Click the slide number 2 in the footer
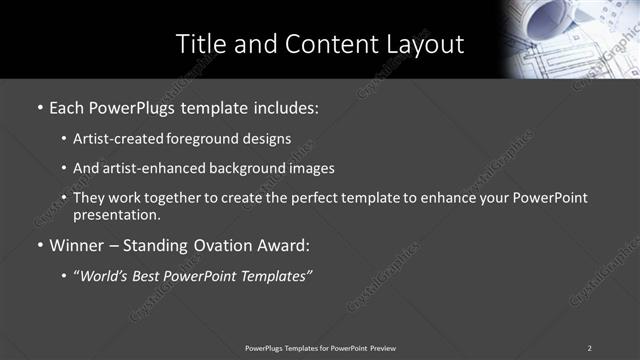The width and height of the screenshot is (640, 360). pyautogui.click(x=589, y=348)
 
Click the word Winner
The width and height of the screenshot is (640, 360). pyautogui.click(x=76, y=244)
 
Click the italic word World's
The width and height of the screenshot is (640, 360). pyautogui.click(x=105, y=274)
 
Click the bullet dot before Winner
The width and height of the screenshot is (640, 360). pyautogui.click(x=39, y=244)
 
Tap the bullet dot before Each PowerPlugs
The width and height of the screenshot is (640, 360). pyautogui.click(x=39, y=105)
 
